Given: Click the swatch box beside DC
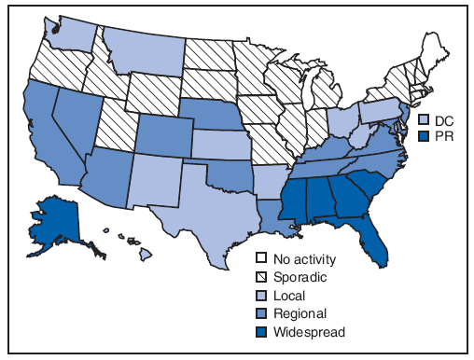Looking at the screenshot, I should (425, 120).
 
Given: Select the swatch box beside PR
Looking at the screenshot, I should (425, 135).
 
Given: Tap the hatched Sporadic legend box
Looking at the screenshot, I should (263, 277).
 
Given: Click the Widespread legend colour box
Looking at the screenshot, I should (263, 331).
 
